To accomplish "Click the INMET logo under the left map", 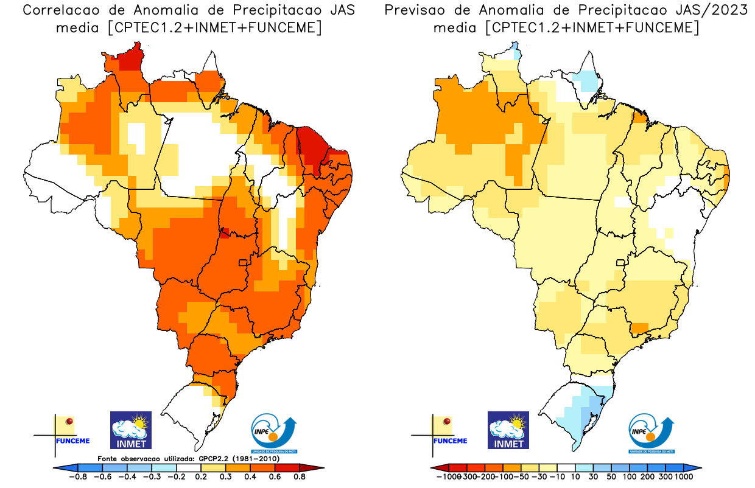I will (x=130, y=430).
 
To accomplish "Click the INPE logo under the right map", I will (x=651, y=433).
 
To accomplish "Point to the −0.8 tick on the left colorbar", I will (x=78, y=477).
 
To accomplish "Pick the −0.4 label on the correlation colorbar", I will (x=126, y=477).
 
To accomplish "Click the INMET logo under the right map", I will (x=508, y=430).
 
